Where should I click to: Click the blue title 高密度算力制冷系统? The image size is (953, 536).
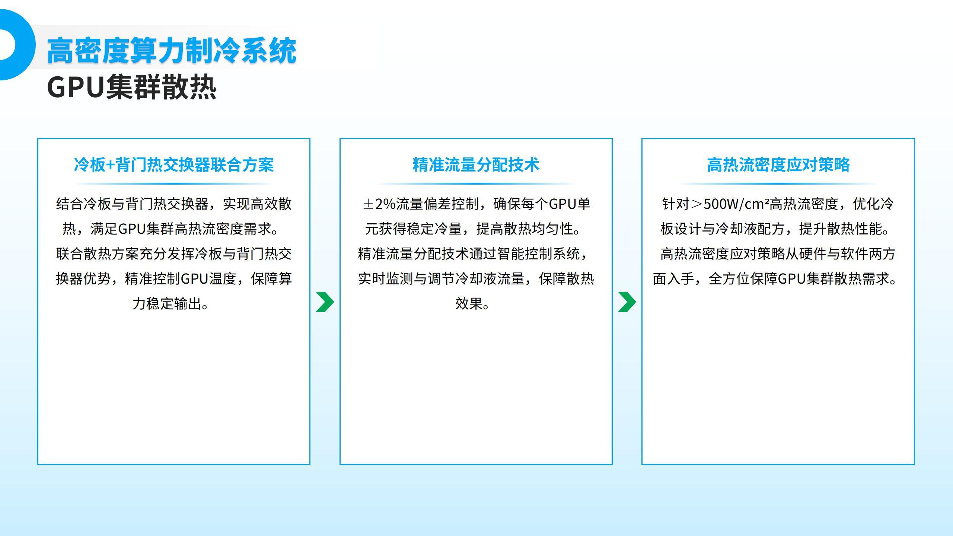[x=172, y=50]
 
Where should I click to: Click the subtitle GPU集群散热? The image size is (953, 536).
[x=132, y=87]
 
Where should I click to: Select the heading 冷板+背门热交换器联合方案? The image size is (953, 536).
[x=174, y=165]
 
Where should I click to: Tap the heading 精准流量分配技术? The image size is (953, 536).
[x=476, y=165]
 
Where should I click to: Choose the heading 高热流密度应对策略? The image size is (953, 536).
[x=778, y=165]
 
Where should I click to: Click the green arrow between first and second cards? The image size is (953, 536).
[x=325, y=302]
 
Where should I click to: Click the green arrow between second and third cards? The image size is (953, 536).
[x=627, y=302]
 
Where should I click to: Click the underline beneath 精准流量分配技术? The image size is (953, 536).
[x=476, y=184]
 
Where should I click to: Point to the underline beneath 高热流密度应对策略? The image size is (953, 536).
[x=778, y=184]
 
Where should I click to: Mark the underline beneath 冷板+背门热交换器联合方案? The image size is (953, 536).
[x=174, y=184]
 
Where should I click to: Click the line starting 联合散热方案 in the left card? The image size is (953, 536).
[x=174, y=254]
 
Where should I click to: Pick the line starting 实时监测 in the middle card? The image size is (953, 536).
[x=476, y=279]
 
